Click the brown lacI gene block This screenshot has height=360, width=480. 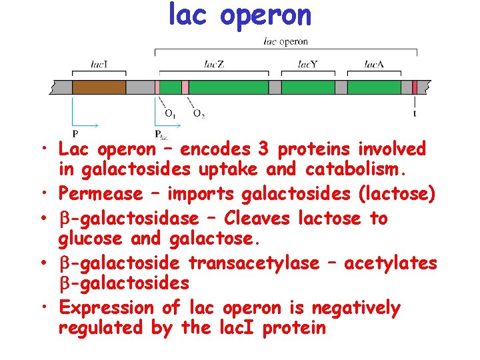coord(99,87)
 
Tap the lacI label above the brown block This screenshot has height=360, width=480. coord(100,65)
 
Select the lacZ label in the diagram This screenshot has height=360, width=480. coord(213,65)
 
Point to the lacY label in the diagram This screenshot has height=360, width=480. coord(307,65)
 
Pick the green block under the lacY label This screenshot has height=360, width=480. coord(307,87)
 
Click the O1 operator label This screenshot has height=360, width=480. coord(171,113)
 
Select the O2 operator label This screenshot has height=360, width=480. coord(199,113)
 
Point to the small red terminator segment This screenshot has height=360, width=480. coord(415,87)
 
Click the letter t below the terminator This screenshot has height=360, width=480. coord(415,113)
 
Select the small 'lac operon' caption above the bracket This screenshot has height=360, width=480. coord(285,41)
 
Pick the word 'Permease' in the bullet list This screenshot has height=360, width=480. coord(100,194)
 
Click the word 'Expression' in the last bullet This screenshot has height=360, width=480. coord(107,308)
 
